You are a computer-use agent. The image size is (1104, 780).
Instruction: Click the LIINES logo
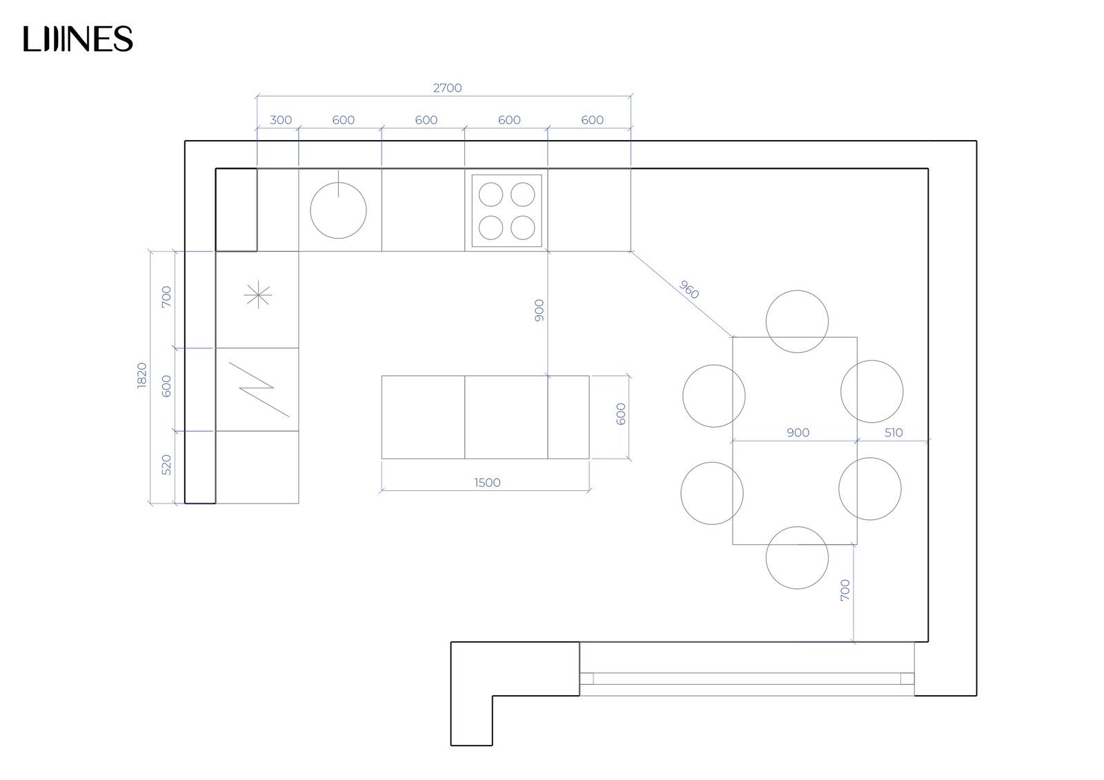click(78, 39)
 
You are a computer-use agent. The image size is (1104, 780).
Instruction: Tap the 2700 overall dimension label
click(447, 88)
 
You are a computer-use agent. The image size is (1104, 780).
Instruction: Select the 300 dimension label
click(281, 120)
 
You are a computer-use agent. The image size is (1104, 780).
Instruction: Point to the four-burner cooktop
click(506, 211)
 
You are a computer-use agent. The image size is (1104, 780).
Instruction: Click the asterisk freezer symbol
click(258, 296)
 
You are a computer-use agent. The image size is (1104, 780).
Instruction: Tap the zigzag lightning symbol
click(259, 389)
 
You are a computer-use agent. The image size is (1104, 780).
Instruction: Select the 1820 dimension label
click(142, 375)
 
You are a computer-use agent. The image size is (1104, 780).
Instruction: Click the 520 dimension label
click(166, 465)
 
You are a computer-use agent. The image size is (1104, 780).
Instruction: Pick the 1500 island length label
click(487, 483)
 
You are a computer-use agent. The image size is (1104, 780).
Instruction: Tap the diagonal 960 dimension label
click(689, 289)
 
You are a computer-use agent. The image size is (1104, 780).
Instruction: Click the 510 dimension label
click(893, 432)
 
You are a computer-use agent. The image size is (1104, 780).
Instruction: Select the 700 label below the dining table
click(845, 590)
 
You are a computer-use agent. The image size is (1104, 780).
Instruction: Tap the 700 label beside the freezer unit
click(166, 297)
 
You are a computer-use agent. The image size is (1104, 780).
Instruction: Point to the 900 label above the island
click(539, 310)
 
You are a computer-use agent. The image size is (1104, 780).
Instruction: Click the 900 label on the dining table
click(798, 432)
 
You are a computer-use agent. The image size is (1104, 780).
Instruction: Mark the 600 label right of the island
click(621, 414)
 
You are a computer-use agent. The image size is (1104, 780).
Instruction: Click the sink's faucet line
click(339, 183)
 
